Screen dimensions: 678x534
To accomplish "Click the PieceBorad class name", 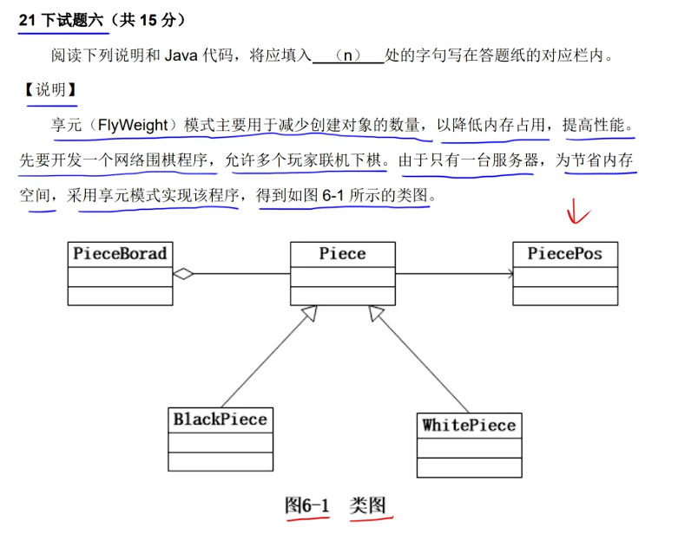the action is coord(120,254).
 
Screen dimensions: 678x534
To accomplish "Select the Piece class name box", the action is coord(342,254).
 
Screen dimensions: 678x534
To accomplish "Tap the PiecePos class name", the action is coord(564,254).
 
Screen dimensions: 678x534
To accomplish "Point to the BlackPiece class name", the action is coord(220,420).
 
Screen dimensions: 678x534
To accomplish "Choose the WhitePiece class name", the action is coord(469,425).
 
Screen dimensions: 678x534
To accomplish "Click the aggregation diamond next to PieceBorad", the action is coord(183,275).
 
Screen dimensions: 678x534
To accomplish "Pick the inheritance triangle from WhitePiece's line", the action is coord(375,314).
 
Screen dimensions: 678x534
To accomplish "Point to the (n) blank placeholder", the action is coord(347,56).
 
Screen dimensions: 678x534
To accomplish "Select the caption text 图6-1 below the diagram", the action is coord(308,505).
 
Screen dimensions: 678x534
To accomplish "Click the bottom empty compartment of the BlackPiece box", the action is coord(220,461).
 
